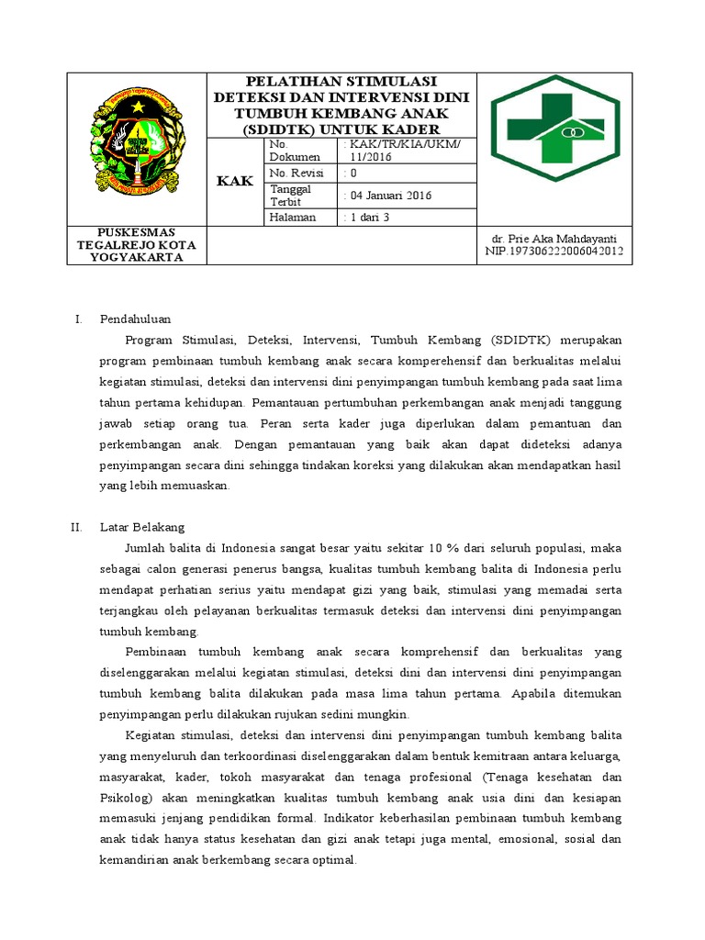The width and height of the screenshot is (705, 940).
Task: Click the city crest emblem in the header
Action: [136, 147]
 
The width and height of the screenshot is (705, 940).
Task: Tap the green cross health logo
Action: [554, 128]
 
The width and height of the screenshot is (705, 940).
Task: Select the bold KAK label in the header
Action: [235, 182]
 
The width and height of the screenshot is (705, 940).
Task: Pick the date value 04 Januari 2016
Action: [386, 196]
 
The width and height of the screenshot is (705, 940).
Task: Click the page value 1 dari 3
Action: [366, 218]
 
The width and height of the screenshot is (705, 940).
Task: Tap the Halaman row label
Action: [293, 218]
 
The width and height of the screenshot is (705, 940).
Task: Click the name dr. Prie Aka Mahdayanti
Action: [554, 239]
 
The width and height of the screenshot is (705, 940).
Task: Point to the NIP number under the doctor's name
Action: [554, 251]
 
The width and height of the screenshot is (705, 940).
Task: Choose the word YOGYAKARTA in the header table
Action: [136, 257]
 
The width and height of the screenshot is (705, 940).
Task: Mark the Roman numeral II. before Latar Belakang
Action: [76, 527]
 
